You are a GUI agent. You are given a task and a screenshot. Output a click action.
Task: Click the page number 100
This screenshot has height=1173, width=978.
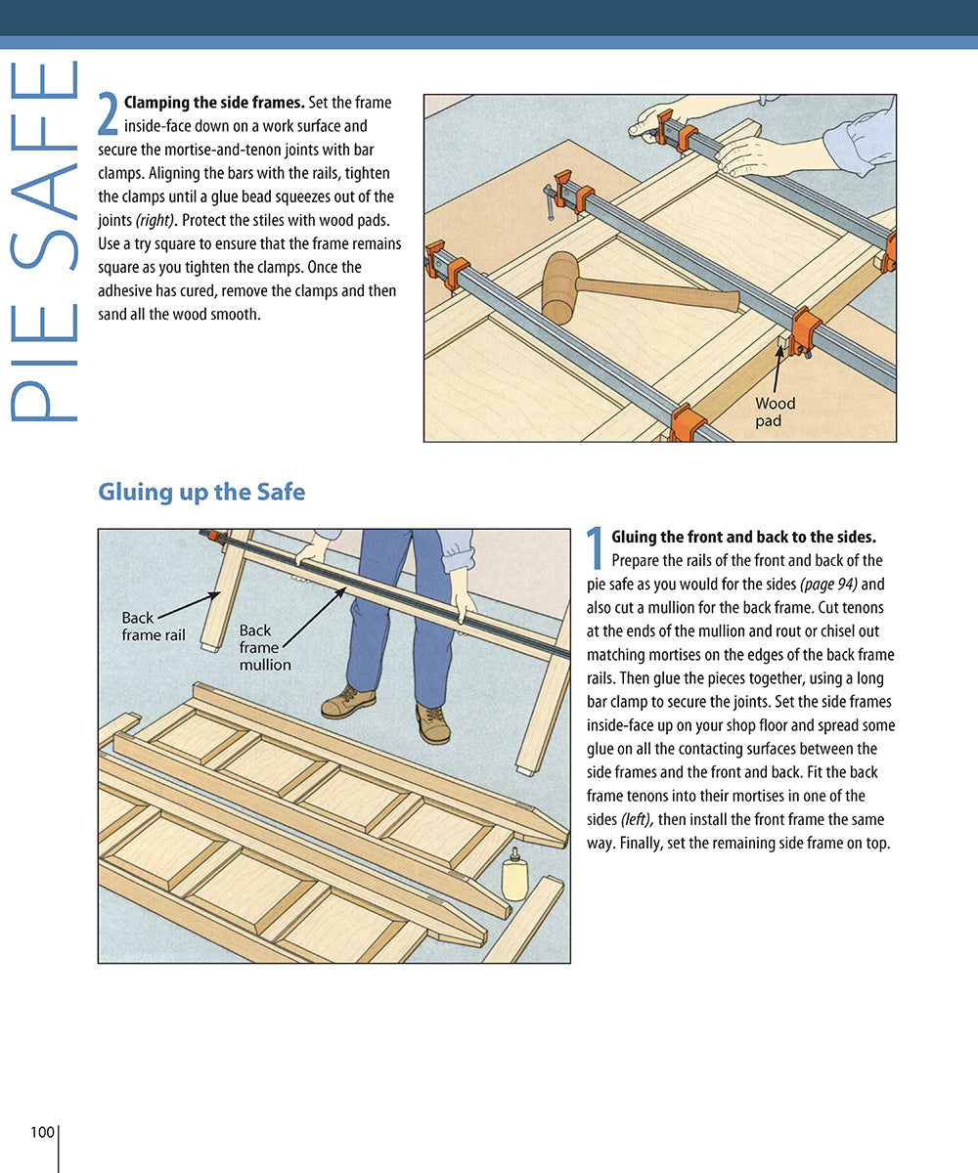pyautogui.click(x=42, y=1132)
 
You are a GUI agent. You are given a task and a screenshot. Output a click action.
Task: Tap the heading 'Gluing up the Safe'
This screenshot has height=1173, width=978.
pyautogui.click(x=201, y=492)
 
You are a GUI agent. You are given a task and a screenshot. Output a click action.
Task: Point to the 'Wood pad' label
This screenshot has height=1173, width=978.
pyautogui.click(x=776, y=412)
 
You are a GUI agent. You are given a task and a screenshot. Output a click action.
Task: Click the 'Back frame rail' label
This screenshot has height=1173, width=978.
pyautogui.click(x=154, y=627)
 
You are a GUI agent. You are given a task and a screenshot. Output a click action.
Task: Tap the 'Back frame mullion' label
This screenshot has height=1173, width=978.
pyautogui.click(x=265, y=647)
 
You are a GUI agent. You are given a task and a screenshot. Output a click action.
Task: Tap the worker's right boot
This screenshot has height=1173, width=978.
pyautogui.click(x=349, y=701)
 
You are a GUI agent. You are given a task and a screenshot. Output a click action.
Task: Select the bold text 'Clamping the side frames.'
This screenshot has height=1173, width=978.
pyautogui.click(x=214, y=103)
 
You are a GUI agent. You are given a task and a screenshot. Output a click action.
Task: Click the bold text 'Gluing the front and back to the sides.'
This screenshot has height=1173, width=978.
pyautogui.click(x=743, y=537)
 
